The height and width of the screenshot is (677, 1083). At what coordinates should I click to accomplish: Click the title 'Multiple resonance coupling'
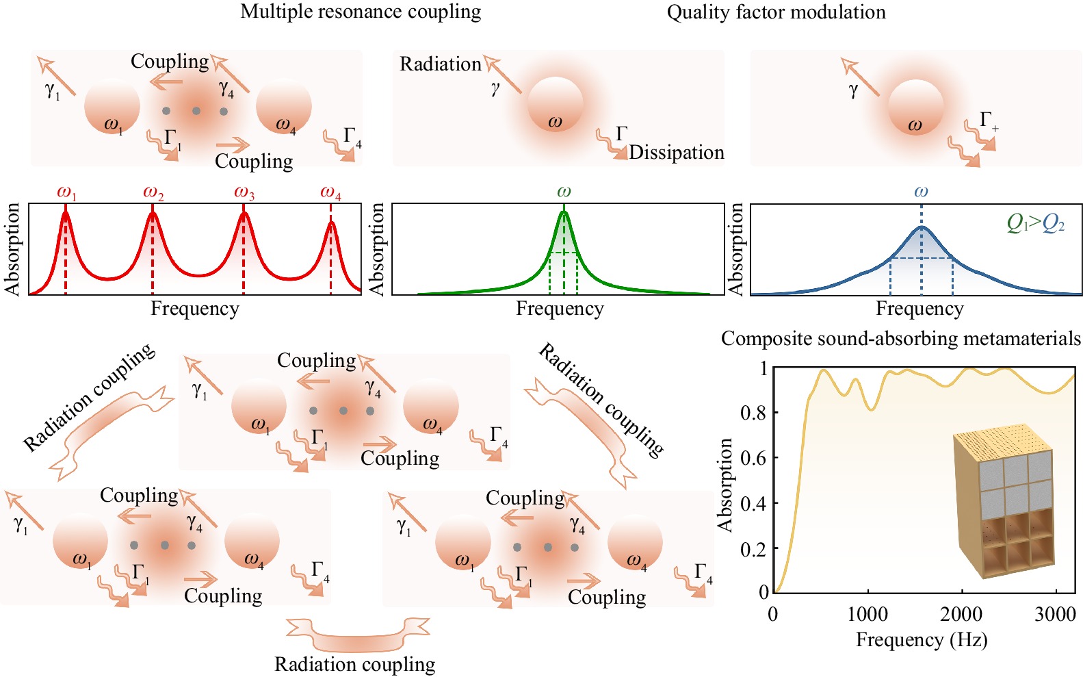(x=361, y=12)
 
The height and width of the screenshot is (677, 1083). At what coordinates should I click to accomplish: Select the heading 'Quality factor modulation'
(x=776, y=12)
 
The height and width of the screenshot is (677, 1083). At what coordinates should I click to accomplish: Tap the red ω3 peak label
(x=244, y=193)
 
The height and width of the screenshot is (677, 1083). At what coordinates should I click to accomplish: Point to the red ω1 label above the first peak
(x=66, y=193)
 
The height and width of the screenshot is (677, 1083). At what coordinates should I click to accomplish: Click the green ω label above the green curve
(x=564, y=192)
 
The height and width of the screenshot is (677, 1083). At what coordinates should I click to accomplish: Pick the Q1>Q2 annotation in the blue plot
(x=1035, y=222)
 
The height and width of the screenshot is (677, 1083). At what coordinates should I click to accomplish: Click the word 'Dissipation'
(x=676, y=152)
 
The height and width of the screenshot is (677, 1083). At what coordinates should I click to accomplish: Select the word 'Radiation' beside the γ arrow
(x=441, y=64)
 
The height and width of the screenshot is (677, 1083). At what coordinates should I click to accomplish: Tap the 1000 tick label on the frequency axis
(x=867, y=614)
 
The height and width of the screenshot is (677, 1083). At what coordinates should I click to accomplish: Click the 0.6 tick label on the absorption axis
(x=753, y=458)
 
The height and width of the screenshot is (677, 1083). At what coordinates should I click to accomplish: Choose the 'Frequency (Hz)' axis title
(x=922, y=640)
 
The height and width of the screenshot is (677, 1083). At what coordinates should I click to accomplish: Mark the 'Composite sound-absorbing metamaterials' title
(x=901, y=339)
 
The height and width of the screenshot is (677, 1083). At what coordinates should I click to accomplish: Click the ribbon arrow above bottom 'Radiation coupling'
(x=357, y=634)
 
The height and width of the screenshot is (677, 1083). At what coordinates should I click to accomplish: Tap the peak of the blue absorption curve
(x=922, y=227)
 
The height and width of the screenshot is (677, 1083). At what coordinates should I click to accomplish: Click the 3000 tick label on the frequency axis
(x=1055, y=614)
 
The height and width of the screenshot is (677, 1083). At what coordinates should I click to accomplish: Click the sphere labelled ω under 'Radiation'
(x=555, y=105)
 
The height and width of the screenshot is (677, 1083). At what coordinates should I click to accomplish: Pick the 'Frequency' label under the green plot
(x=560, y=309)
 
